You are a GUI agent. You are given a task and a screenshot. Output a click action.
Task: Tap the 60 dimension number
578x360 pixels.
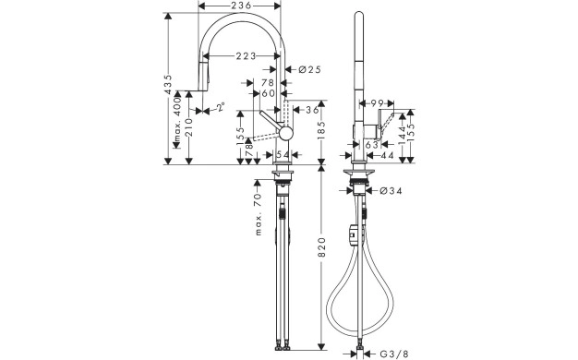pyautogui.click(x=268, y=94)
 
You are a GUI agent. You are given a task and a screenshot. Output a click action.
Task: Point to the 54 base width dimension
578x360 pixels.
pyautogui.click(x=283, y=154)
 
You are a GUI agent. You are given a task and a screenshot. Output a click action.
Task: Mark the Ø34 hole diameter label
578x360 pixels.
pyautogui.click(x=391, y=190)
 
